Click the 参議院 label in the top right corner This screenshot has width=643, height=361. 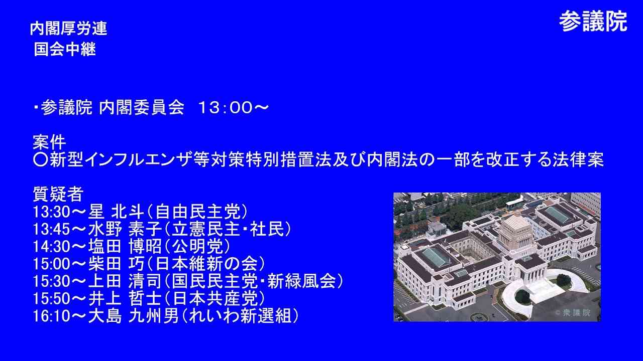[x=593, y=22]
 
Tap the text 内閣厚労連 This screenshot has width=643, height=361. [x=68, y=29]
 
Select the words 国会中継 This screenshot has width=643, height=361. [x=65, y=50]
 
